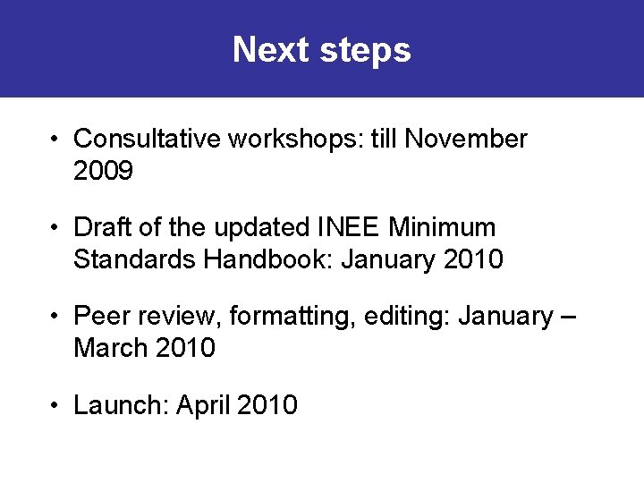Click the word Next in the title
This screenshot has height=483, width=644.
pos(258,50)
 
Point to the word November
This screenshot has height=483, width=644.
pos(466,140)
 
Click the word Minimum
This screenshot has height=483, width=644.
pos(442,227)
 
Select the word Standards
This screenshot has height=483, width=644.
pos(134,259)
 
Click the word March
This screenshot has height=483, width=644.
pos(111,348)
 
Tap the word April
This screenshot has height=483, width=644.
pos(203,406)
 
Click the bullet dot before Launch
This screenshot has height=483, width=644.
pos(55,406)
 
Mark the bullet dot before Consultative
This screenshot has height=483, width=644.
pos(55,140)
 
